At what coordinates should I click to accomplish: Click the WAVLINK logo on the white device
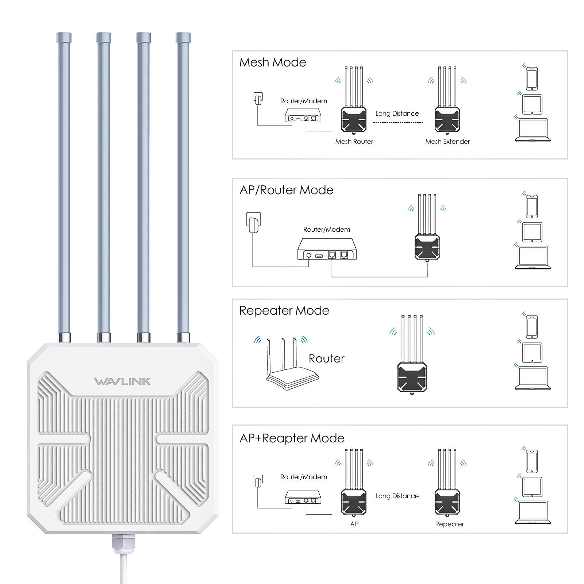(122, 381)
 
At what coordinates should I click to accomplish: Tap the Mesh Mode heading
(273, 62)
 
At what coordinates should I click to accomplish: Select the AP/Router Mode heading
(286, 190)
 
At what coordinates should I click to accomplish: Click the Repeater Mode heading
(284, 311)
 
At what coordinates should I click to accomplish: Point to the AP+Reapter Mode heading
(292, 438)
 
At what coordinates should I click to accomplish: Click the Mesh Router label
(354, 142)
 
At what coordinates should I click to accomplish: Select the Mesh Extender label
(447, 142)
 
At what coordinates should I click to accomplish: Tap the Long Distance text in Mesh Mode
(397, 114)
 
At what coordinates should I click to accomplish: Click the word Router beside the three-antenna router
(326, 358)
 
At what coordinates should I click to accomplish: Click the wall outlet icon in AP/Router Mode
(253, 222)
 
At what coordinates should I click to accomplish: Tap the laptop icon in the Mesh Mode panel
(533, 130)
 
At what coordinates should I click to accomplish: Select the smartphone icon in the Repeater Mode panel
(532, 327)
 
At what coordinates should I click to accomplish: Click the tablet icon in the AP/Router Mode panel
(532, 232)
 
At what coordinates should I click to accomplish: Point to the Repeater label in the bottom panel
(449, 524)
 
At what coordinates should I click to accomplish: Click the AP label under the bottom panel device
(354, 524)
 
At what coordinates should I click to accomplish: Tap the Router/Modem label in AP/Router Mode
(326, 230)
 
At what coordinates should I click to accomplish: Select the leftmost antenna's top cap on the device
(64, 38)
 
